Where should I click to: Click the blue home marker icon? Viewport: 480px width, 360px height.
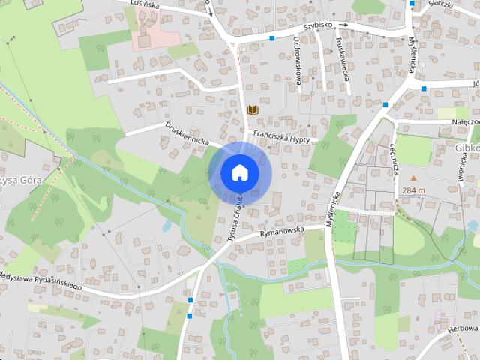tap(239, 172)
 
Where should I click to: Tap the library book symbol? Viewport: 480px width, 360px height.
tap(253, 110)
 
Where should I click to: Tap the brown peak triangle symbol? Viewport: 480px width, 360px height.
tap(412, 178)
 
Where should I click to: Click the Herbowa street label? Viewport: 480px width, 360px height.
tap(463, 328)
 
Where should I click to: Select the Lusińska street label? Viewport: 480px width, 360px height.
tap(144, 4)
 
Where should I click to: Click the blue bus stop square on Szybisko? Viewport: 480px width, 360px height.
tap(272, 37)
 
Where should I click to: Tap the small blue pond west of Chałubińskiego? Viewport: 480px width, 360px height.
tap(166, 225)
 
